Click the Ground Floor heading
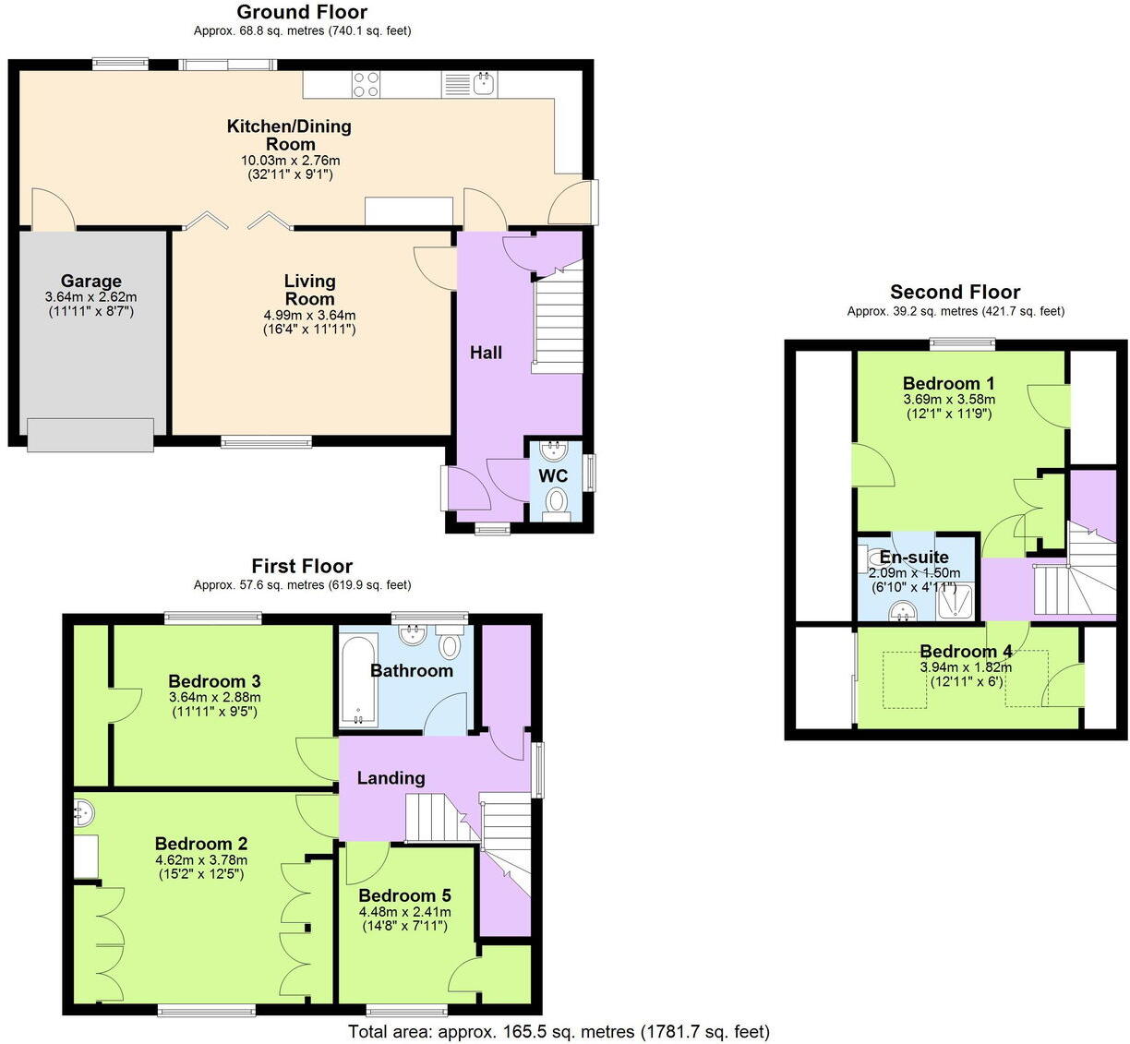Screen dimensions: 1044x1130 coord(302,12)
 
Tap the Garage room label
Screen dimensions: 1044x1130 coord(90,282)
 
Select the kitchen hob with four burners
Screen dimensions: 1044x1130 coord(366,84)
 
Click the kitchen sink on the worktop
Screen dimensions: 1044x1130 coord(485,85)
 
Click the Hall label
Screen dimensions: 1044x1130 coord(486,353)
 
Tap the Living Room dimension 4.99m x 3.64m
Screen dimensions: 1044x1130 coord(309,315)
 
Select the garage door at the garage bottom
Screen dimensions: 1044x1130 coord(90,435)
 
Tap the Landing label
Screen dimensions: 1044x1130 coord(391,778)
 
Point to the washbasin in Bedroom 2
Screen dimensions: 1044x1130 coord(83,812)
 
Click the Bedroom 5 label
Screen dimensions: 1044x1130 coord(404,895)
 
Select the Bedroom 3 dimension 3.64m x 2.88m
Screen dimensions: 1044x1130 coord(214,697)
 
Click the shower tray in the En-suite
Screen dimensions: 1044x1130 coord(956,601)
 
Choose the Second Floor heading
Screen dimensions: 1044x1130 coord(955,293)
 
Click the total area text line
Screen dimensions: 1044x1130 coord(559,1031)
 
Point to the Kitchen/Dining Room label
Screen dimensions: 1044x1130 coord(290,135)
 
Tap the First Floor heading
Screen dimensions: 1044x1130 coord(302,566)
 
